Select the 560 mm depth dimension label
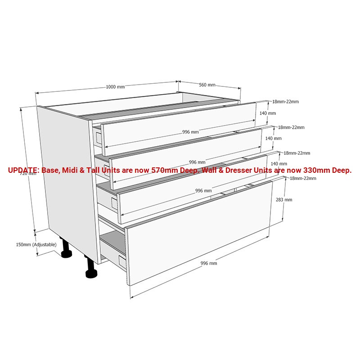[207, 85]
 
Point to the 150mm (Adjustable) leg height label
[36, 244]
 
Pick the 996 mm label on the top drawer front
[190, 132]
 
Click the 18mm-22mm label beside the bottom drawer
[303, 178]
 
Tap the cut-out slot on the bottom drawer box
[121, 260]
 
